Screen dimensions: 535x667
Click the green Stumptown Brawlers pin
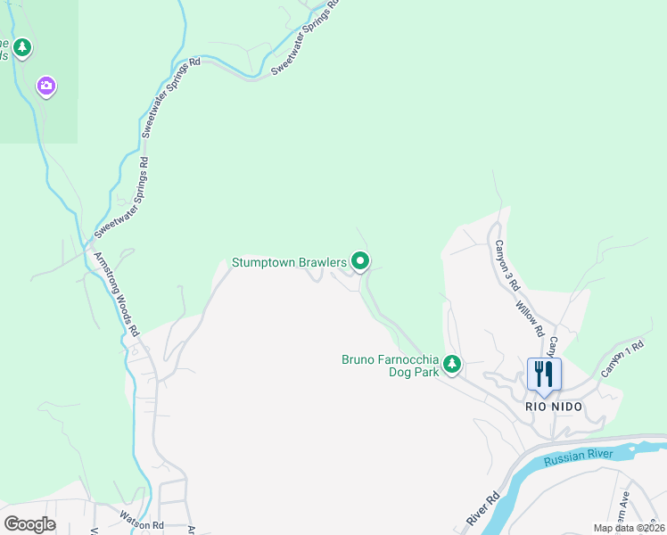click(360, 261)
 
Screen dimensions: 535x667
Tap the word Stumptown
click(263, 262)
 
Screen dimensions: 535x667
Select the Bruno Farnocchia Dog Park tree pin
click(453, 364)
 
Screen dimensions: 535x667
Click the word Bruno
click(359, 360)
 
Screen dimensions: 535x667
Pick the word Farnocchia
click(409, 360)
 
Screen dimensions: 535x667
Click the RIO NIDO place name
click(553, 407)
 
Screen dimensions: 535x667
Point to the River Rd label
click(482, 506)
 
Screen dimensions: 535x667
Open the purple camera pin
click(46, 86)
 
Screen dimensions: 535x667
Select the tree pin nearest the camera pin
click(22, 47)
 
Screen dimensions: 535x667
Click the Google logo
click(29, 523)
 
